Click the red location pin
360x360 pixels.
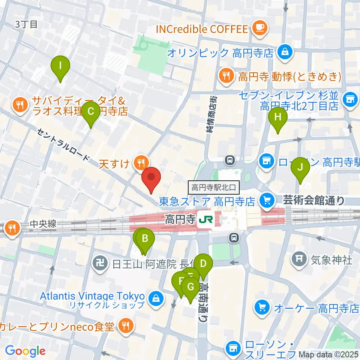tap(151, 178)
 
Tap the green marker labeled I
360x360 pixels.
tap(60, 66)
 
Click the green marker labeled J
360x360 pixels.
tap(300, 168)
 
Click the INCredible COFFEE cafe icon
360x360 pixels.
tap(259, 29)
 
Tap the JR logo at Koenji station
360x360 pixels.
tap(206, 219)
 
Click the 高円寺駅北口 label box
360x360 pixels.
tap(213, 186)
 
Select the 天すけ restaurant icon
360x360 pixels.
tap(141, 163)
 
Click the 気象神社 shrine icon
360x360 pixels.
tap(300, 258)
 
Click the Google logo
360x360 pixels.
tap(25, 351)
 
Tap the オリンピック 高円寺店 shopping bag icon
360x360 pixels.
tap(285, 52)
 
